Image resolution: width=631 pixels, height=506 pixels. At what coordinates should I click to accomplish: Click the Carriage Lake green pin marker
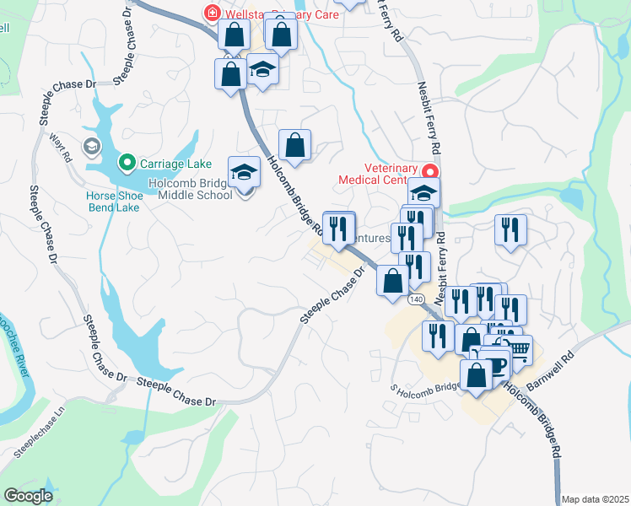(127, 161)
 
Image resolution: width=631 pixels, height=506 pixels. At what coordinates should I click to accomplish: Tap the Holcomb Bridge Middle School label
(190, 189)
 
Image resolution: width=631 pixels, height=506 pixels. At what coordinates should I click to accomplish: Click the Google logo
(28, 495)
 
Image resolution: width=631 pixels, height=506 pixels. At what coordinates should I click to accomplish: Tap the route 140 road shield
(416, 299)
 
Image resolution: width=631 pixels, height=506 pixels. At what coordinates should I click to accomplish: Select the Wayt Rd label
(61, 146)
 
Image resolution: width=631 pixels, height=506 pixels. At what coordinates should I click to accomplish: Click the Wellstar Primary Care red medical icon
(211, 13)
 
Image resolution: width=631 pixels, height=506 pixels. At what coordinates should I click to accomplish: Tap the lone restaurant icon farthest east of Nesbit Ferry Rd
(510, 229)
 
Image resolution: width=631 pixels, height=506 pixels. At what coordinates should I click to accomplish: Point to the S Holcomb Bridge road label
(424, 386)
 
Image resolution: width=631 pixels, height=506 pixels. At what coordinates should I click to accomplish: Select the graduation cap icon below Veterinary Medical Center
(424, 191)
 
